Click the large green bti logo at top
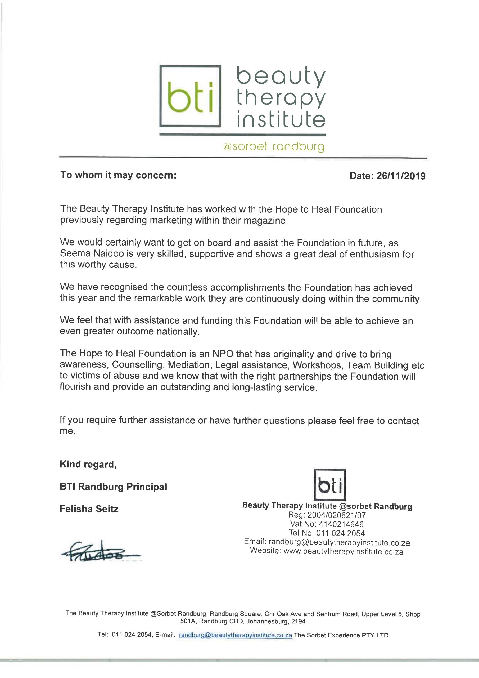coord(190,96)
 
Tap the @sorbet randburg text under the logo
coord(274,146)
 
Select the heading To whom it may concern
coord(118,175)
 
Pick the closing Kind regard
coord(88,464)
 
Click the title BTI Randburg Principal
coord(113,487)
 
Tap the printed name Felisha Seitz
coord(89,509)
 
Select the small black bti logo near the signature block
coord(330,485)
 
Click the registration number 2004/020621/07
coord(336,515)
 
